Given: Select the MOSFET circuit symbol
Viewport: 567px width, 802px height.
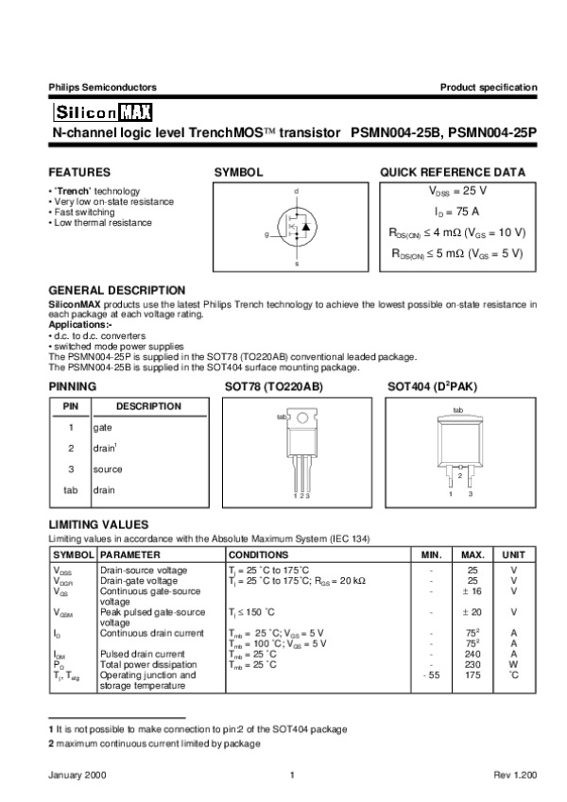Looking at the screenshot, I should [297, 228].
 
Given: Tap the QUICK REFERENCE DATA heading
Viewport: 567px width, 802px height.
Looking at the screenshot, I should [453, 173].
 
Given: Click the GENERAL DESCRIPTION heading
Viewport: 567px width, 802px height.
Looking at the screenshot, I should [116, 290].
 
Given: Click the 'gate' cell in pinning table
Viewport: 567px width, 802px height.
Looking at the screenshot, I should [102, 427].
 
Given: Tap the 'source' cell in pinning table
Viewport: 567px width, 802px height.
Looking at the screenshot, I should [107, 469].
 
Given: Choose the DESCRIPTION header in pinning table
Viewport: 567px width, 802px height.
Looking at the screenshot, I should [148, 406].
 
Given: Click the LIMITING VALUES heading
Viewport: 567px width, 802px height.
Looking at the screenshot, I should [98, 524].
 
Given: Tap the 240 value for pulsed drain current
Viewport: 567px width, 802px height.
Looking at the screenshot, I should [472, 653].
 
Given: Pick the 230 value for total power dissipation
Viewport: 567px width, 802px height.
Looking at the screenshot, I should [472, 664].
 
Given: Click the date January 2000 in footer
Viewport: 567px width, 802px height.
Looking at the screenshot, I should [76, 775].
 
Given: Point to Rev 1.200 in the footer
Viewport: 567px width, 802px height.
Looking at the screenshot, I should [515, 775].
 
